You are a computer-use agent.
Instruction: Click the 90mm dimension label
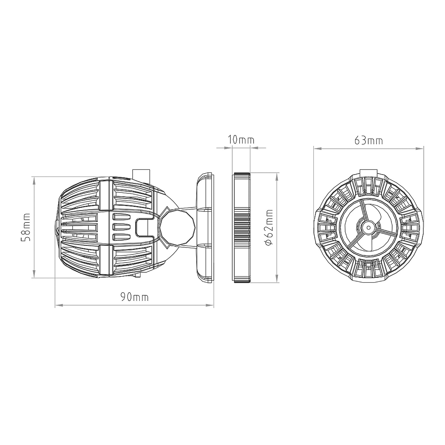[134, 297]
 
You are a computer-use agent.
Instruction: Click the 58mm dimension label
[27, 227]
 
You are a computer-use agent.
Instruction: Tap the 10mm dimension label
[241, 140]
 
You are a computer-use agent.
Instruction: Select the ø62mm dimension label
[269, 228]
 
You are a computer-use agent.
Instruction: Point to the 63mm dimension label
[369, 141]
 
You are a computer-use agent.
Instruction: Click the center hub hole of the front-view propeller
[368, 227]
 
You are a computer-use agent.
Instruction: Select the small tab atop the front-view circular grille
[368, 172]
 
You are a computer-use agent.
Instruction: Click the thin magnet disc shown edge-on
[242, 228]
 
